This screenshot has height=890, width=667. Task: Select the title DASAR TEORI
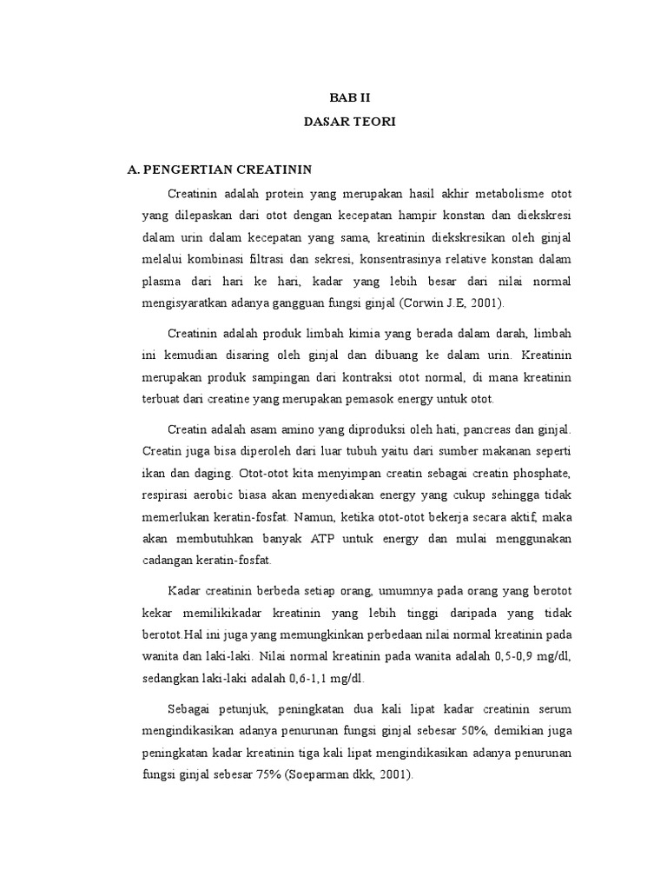coord(350,123)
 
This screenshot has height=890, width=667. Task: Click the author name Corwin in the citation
coord(429,304)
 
